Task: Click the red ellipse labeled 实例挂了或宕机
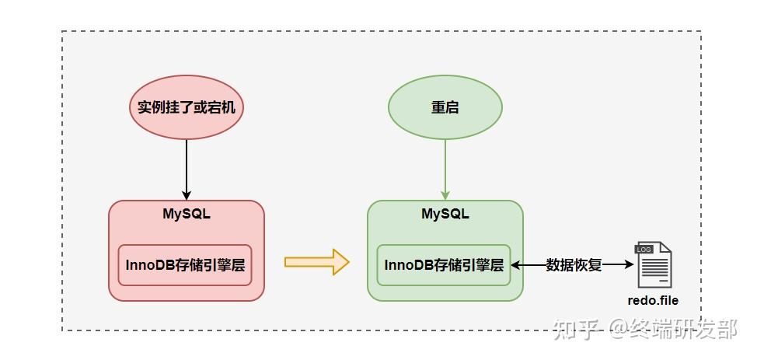pos(187,107)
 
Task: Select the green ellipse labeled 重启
pos(445,107)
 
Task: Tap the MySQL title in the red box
pos(187,214)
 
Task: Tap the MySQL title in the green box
pos(445,214)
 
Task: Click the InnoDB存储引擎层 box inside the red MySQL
pos(186,265)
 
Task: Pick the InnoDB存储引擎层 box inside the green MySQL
pos(444,265)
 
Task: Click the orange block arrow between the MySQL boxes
pos(316,262)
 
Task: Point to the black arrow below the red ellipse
pos(187,170)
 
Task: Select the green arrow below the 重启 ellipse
pos(445,170)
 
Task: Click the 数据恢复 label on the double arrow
pos(574,265)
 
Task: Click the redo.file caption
pos(653,301)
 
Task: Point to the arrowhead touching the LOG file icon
pos(629,265)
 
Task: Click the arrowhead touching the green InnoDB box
pos(516,265)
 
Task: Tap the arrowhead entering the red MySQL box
pos(187,195)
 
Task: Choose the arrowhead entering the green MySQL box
pos(445,195)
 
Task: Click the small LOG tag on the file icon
pos(644,250)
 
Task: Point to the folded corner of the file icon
pos(666,247)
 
